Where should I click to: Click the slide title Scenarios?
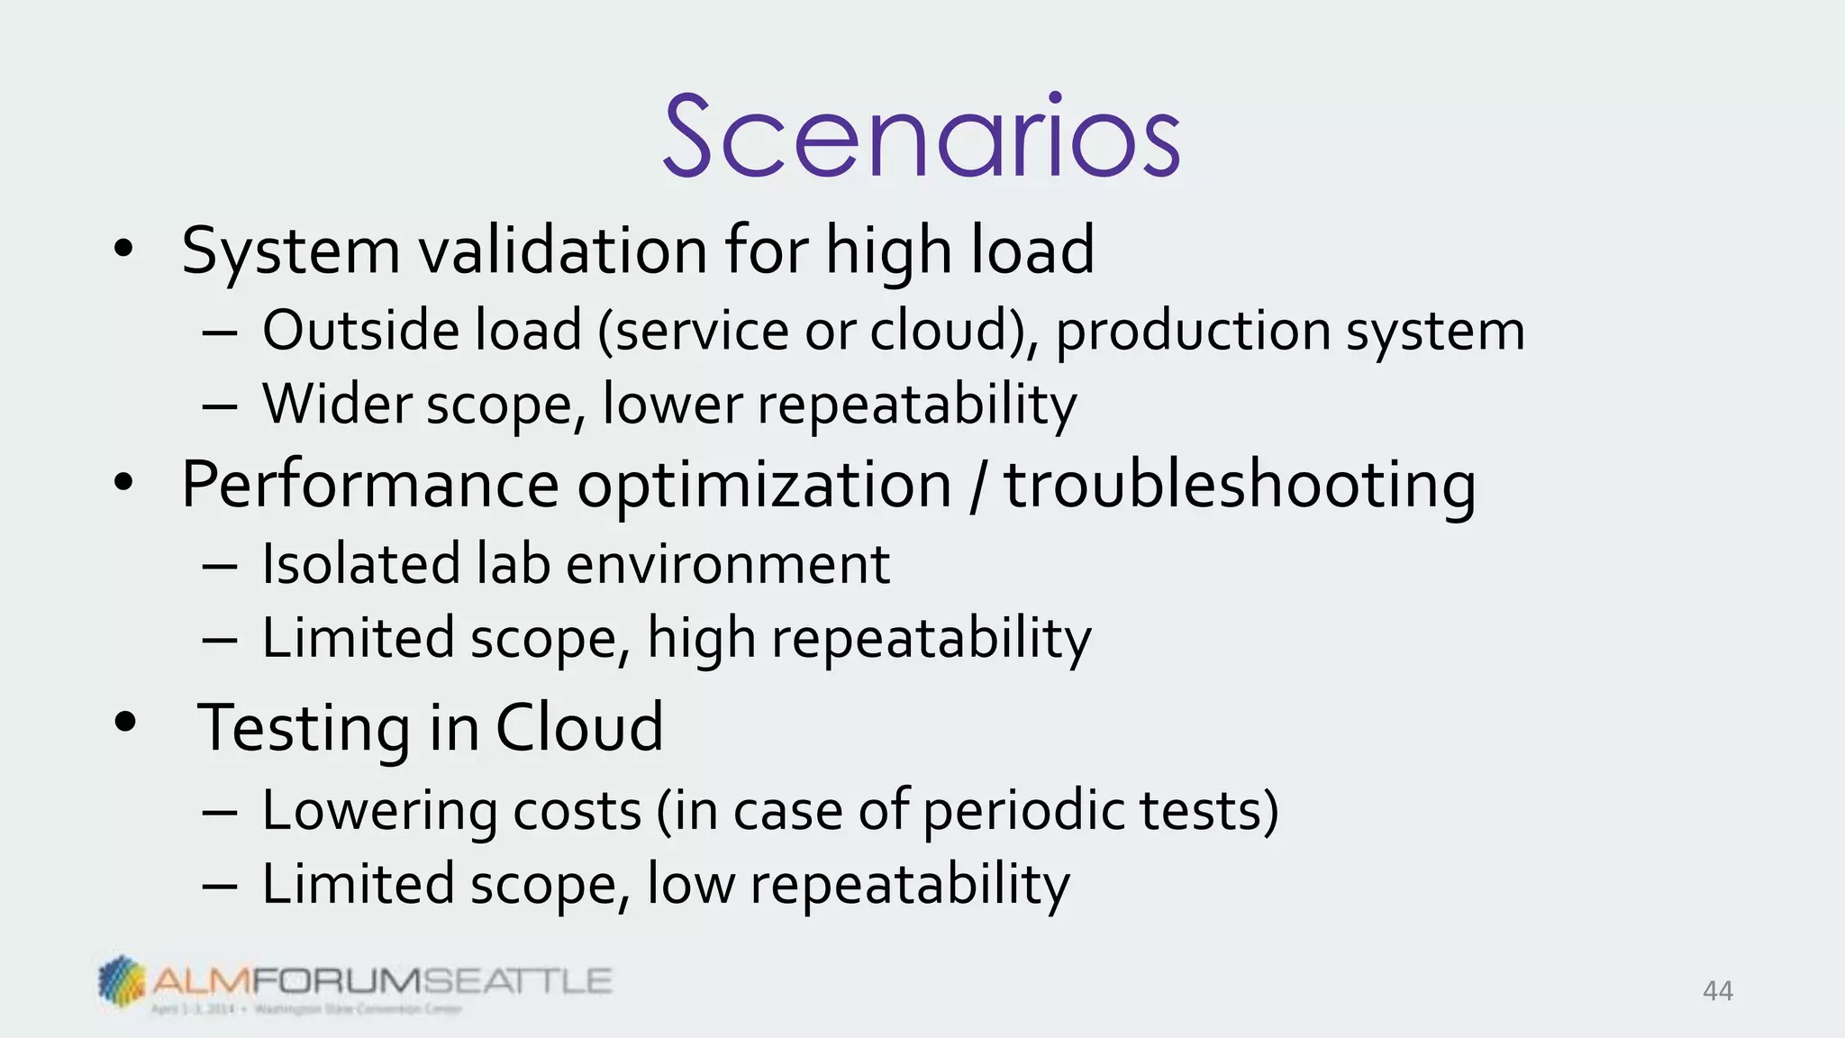(x=921, y=137)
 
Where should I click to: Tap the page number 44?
(x=1717, y=991)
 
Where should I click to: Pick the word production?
(x=1193, y=332)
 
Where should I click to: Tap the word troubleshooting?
(x=1240, y=485)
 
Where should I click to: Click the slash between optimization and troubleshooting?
(x=977, y=485)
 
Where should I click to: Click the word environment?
(x=728, y=564)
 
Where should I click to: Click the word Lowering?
(x=379, y=810)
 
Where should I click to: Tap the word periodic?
(x=1024, y=810)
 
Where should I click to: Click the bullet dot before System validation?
(x=124, y=249)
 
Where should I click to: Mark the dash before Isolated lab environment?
(x=220, y=566)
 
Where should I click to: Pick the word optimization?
(x=764, y=485)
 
